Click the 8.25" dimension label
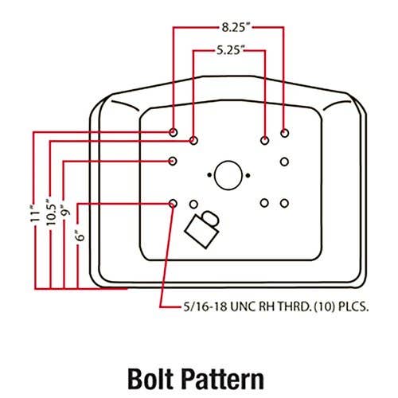tap(236, 28)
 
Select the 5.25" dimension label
tap(230, 50)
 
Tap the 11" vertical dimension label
tap(34, 213)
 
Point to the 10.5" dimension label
tap(51, 213)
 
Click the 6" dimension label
tap(80, 235)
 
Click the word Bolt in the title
tap(150, 379)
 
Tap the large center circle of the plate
tap(228, 175)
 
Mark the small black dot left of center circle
tap(209, 175)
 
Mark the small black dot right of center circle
tap(248, 175)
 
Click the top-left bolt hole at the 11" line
tap(173, 132)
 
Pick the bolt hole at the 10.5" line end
tap(193, 140)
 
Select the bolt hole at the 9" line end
tap(173, 161)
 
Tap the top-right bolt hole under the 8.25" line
tap(284, 133)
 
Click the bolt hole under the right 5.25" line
tap(264, 141)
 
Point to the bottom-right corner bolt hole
tap(284, 204)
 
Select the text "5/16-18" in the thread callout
tap(205, 307)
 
